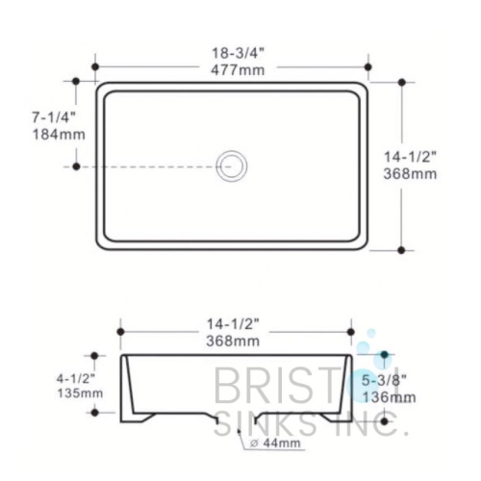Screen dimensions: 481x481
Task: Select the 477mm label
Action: (x=230, y=69)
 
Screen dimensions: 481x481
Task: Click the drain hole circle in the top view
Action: (x=231, y=165)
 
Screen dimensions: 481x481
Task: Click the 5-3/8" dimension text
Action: (x=389, y=380)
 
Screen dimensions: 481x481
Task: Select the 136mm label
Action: (x=389, y=396)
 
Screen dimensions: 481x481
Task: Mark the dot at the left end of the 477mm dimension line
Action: (x=94, y=67)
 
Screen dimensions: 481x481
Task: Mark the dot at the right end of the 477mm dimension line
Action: (x=367, y=67)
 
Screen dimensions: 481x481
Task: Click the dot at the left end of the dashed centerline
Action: (x=76, y=166)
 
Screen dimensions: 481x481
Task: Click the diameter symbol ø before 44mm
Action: (x=253, y=443)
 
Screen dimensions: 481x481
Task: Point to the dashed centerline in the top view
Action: (x=154, y=166)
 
